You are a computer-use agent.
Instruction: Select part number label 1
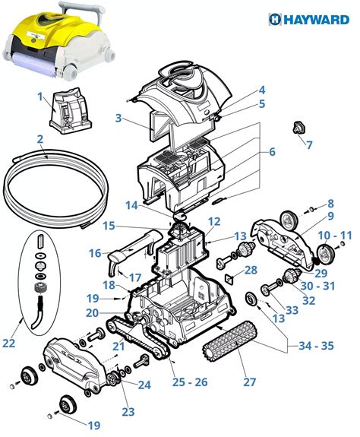pos(39,97)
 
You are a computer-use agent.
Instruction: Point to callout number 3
pos(118,118)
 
